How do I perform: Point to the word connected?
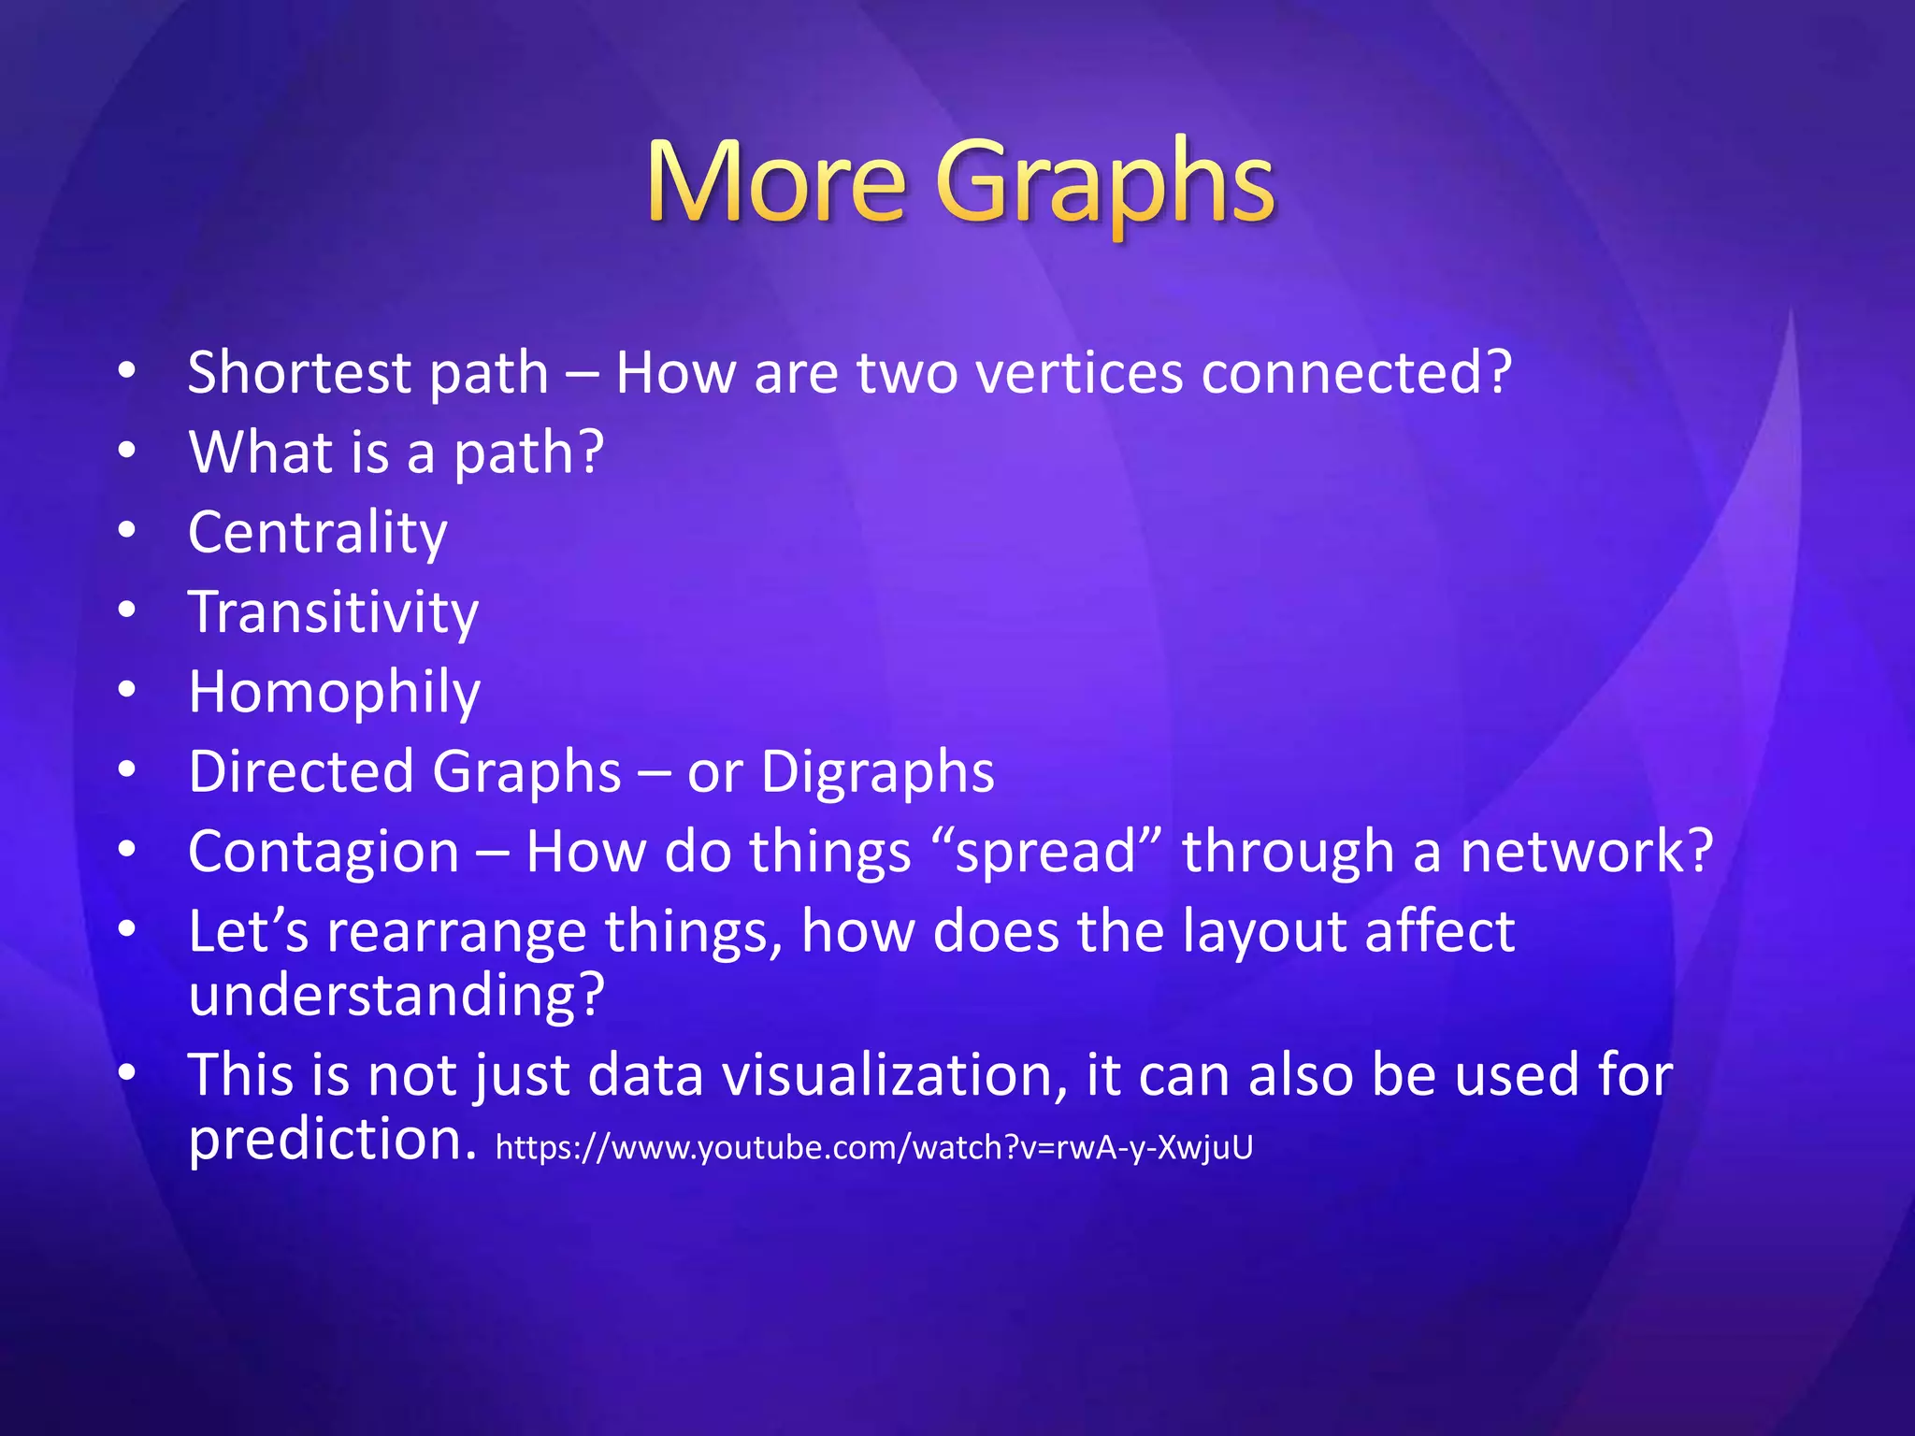[x=1356, y=372]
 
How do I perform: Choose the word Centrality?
[x=318, y=533]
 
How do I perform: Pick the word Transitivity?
[x=334, y=612]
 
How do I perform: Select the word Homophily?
[x=335, y=693]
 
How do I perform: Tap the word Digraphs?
[x=877, y=772]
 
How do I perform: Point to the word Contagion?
[x=324, y=852]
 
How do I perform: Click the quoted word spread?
[x=1045, y=853]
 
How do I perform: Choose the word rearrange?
[x=456, y=932]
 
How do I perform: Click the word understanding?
[x=396, y=995]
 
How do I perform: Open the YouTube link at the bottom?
[x=873, y=1147]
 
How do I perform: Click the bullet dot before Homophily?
[x=127, y=690]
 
